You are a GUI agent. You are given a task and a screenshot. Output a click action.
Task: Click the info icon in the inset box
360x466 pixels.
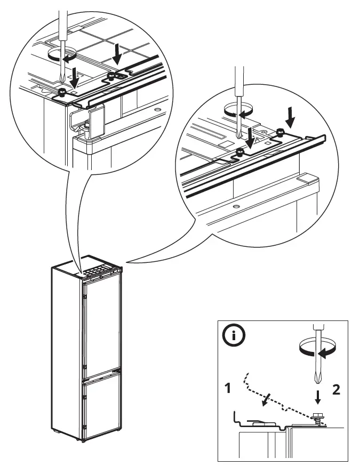pyautogui.click(x=235, y=336)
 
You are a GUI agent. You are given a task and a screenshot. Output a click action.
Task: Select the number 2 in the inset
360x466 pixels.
pyautogui.click(x=336, y=390)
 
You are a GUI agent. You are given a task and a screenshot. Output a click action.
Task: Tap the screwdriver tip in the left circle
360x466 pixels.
pyautogui.click(x=64, y=80)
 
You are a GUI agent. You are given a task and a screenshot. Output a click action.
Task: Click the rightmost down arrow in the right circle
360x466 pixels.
pyautogui.click(x=290, y=115)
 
